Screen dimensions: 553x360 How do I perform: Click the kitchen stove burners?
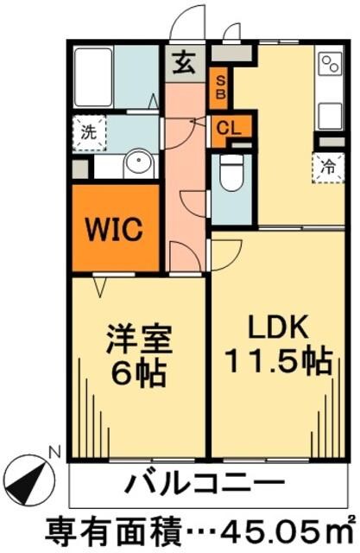click(x=330, y=67)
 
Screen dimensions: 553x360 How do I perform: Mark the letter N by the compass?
click(x=54, y=450)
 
